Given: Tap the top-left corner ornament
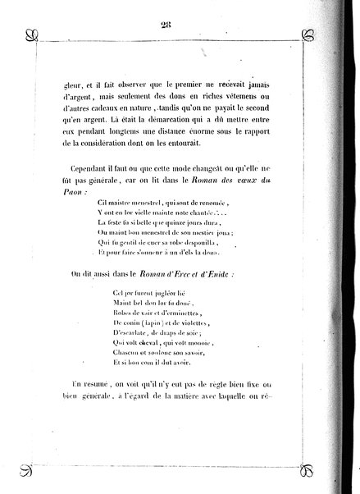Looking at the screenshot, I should [x=31, y=35].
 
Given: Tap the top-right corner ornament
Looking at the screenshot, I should [x=309, y=35].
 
